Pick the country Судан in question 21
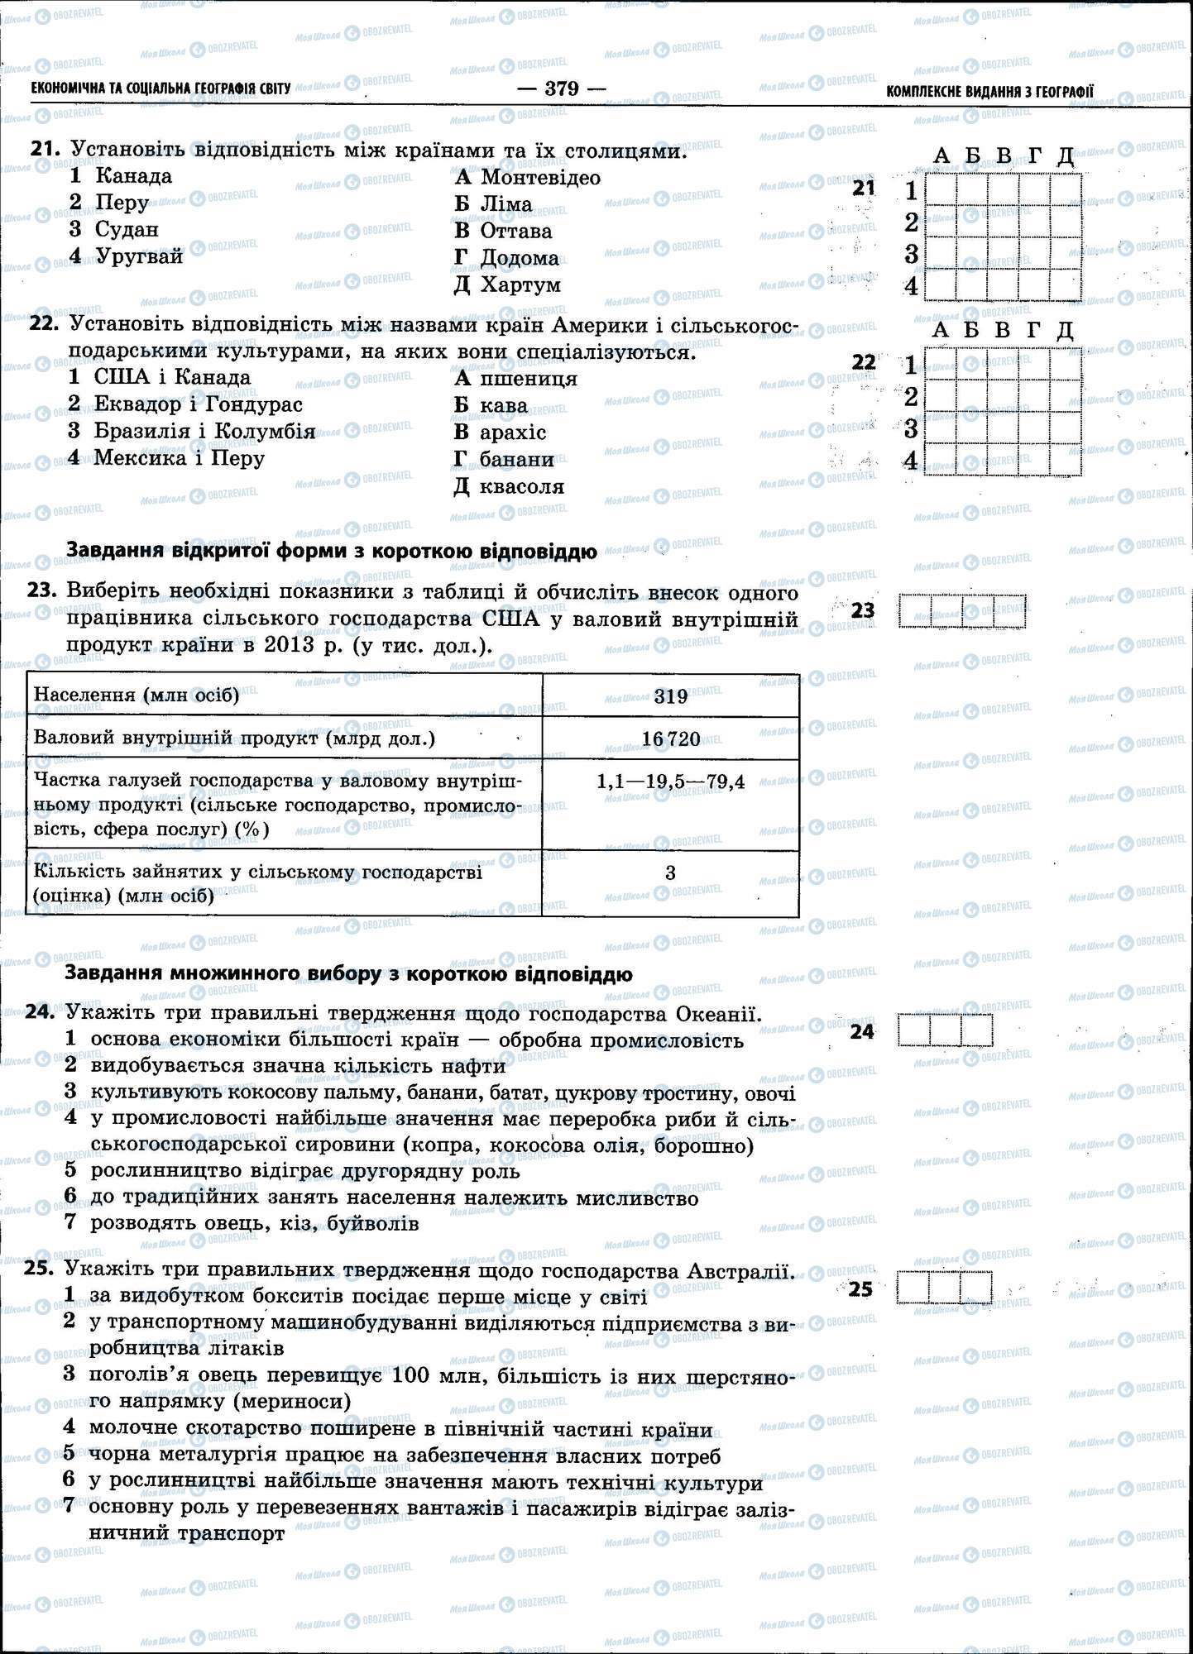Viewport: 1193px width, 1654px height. coord(127,229)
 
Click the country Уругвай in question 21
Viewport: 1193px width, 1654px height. coord(139,256)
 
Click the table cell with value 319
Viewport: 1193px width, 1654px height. coord(670,696)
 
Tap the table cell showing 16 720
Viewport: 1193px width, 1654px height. coord(670,739)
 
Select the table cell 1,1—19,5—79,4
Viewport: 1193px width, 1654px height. coord(670,782)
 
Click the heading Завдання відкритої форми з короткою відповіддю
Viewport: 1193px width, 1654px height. coord(331,551)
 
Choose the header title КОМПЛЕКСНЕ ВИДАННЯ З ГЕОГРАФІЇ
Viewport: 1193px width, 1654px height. coord(989,91)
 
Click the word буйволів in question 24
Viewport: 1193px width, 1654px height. coord(373,1223)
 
